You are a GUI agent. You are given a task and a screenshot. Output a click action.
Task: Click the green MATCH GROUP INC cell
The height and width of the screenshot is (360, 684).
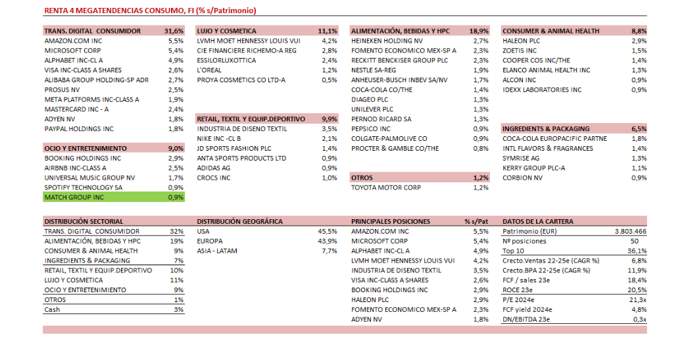tap(74, 197)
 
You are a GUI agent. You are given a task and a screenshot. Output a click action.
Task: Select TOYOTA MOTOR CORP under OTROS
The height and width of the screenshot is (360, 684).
tap(385, 188)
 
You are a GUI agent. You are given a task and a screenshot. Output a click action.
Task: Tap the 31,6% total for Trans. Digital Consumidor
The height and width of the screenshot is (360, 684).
tap(174, 31)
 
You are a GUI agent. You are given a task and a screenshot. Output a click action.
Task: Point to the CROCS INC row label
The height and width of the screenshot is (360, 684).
tap(214, 178)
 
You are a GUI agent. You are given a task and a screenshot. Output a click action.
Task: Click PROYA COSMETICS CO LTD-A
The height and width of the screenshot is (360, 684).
tap(241, 80)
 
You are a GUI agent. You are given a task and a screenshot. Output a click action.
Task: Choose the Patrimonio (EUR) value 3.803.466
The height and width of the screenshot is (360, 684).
tap(630, 232)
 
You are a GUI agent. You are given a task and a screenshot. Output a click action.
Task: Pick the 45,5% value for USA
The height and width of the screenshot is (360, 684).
tap(327, 232)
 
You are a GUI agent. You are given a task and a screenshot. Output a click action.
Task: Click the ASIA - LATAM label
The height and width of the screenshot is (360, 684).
tap(217, 251)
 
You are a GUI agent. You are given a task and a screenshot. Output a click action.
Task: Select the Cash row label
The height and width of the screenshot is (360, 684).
tap(52, 309)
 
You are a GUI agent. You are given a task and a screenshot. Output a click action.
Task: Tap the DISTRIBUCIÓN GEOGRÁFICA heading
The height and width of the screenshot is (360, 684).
tap(239, 222)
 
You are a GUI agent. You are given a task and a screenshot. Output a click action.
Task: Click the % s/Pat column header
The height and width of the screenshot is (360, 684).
tap(476, 222)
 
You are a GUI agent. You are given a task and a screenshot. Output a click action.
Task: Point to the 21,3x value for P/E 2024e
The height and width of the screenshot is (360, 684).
tap(638, 299)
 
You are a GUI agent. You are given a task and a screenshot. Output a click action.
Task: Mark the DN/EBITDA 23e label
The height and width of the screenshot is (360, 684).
tap(525, 319)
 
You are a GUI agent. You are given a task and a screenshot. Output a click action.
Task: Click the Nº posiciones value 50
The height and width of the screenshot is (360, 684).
tap(643, 241)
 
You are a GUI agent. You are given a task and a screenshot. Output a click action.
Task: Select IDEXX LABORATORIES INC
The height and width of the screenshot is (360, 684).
tap(542, 90)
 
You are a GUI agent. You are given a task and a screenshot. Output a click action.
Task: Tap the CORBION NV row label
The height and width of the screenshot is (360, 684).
tap(522, 178)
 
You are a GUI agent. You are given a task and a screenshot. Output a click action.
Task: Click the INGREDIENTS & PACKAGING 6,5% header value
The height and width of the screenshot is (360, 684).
tap(639, 129)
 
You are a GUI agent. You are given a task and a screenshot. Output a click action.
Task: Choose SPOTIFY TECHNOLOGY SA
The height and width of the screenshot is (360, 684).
tap(84, 188)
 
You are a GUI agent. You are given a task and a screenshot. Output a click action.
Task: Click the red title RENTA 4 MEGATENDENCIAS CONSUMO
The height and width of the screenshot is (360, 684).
tap(150, 11)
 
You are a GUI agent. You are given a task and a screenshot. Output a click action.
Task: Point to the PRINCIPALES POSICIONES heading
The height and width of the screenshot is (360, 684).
tap(391, 222)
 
